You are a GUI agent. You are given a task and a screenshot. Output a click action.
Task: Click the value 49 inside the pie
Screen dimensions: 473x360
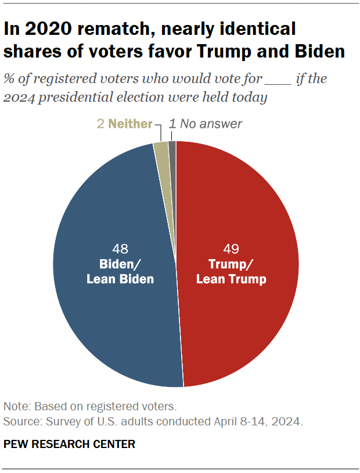[231, 249]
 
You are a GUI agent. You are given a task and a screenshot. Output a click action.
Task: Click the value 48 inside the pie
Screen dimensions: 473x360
[120, 249]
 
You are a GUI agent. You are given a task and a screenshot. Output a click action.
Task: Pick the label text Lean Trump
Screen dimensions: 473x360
[231, 279]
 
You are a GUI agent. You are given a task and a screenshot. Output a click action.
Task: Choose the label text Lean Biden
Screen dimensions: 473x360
[120, 279]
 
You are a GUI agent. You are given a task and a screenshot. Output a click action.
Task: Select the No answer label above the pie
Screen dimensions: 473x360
[211, 124]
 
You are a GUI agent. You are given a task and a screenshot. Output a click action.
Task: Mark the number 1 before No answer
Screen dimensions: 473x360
[172, 124]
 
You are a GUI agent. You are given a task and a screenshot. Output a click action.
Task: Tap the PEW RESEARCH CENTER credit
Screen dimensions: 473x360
[69, 445]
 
